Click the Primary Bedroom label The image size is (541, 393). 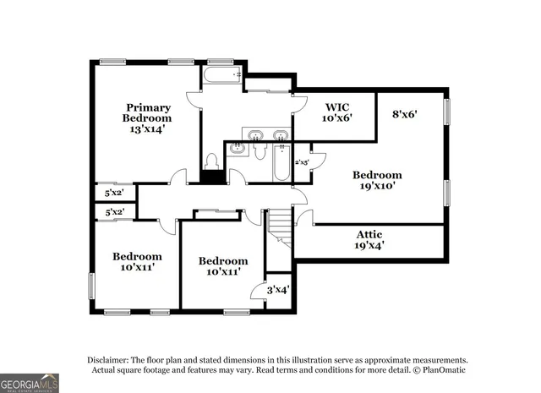(x=148, y=118)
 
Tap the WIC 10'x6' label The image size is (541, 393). (x=336, y=112)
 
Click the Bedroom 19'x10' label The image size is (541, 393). (x=376, y=180)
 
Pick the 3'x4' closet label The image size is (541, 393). (x=278, y=289)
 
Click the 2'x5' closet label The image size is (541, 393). (x=301, y=161)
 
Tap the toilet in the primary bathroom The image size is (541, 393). (x=212, y=160)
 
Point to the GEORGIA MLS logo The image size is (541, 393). (x=30, y=383)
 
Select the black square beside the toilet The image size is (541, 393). (x=212, y=176)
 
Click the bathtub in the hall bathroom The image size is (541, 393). (x=281, y=164)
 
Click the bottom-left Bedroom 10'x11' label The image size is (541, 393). (x=137, y=262)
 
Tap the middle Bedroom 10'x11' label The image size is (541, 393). (x=223, y=266)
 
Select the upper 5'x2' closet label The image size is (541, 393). (x=114, y=193)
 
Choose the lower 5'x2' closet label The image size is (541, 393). (x=114, y=211)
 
